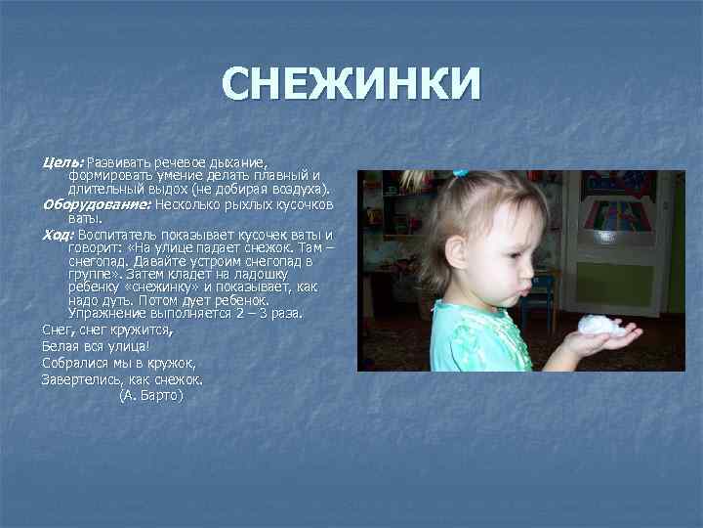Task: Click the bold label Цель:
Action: point(63,160)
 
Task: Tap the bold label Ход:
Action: point(57,235)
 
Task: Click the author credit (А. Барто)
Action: point(150,396)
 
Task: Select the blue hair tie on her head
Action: point(459,173)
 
